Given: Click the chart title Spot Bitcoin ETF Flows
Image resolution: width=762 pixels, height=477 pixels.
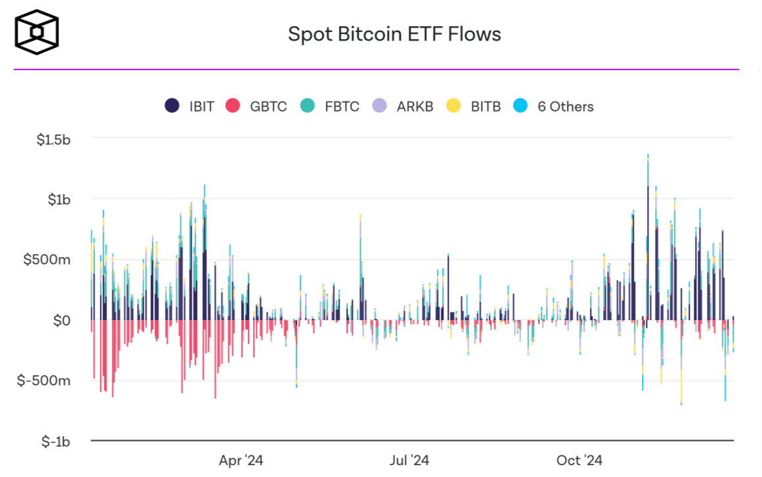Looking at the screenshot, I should point(394,34).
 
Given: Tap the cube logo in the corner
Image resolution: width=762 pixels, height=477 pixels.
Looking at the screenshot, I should point(37,31).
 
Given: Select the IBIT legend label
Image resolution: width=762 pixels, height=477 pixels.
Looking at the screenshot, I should point(202,106).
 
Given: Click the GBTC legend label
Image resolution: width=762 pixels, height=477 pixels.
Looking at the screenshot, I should point(268,106).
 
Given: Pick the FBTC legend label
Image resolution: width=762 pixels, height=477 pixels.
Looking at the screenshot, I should point(342,106).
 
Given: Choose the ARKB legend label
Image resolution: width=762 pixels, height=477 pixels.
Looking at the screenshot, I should point(415,106).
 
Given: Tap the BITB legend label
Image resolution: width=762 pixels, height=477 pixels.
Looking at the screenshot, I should point(485,106).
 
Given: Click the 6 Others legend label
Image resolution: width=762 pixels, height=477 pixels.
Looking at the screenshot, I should point(565,106).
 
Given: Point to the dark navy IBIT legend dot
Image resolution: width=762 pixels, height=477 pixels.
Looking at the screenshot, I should point(172,106).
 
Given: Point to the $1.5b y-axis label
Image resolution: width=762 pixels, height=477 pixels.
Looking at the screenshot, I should point(53,139).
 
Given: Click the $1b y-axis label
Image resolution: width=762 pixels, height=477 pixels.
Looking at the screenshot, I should point(58,199).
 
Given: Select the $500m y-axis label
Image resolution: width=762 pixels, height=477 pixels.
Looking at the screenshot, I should point(47,260).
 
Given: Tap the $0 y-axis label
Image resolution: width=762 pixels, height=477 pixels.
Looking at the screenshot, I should point(62,320).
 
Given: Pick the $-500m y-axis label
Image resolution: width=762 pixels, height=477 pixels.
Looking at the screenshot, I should point(44,381).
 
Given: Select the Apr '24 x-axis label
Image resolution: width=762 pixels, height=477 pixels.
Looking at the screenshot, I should point(241,461).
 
